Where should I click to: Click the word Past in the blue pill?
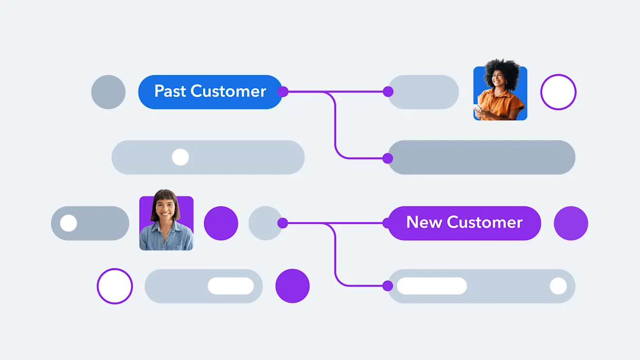coord(170,92)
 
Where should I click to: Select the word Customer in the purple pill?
coord(484,222)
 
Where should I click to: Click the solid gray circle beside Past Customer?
coord(108,92)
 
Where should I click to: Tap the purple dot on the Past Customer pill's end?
coord(283,92)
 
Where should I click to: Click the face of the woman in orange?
coord(499,77)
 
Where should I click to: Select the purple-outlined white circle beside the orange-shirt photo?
coord(558,92)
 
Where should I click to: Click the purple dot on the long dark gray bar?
coord(388,158)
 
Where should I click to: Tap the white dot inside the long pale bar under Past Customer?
coord(180,157)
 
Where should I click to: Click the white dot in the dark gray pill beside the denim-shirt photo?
coord(68,223)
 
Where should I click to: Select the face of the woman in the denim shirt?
coord(165,209)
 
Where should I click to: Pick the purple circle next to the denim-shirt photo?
coord(221,223)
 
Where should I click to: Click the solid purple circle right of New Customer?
coord(571,223)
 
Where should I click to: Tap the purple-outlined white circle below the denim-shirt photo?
coord(115,286)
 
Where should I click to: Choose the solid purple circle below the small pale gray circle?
coord(292,286)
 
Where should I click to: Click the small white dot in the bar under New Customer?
coord(558,286)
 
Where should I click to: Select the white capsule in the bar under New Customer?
coord(432,286)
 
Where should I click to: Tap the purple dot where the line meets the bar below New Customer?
coord(388,286)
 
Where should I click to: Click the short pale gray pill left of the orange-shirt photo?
coord(423,92)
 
